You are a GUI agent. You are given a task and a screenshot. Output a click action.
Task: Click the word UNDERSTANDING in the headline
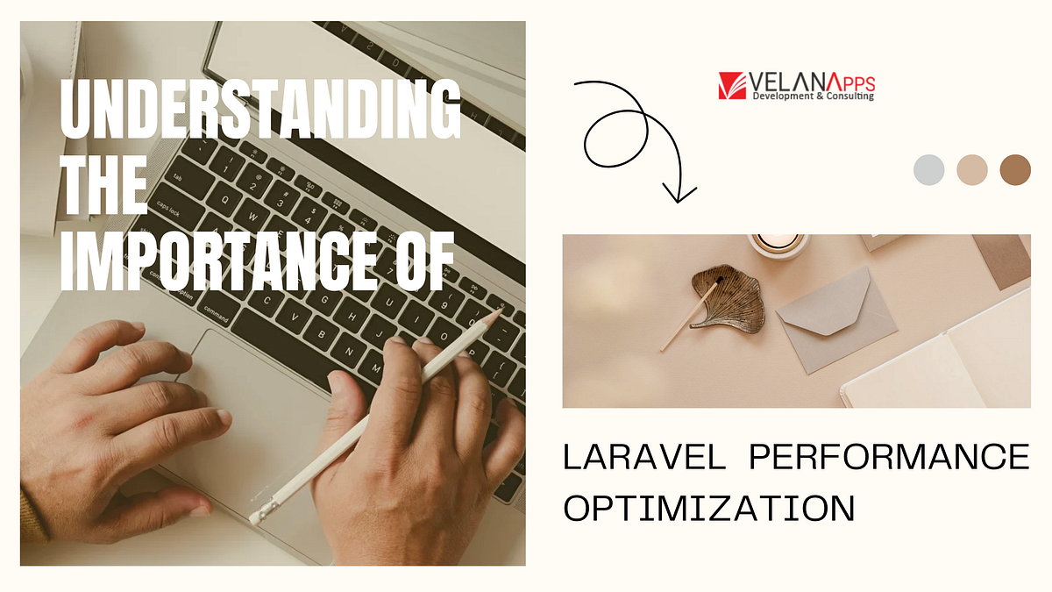(259, 106)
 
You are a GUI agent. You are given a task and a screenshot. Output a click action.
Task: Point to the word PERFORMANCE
(886, 457)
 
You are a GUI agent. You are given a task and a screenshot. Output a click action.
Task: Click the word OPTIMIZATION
(708, 508)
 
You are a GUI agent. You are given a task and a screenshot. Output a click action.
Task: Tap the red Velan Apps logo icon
(732, 86)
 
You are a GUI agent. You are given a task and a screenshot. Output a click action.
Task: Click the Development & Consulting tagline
(814, 96)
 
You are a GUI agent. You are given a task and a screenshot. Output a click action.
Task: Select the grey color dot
(928, 169)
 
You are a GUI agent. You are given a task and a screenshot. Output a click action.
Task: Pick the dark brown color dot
(1015, 169)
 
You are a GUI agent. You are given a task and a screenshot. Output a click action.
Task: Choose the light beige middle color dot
(971, 169)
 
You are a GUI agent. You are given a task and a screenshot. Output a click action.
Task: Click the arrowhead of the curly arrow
(678, 192)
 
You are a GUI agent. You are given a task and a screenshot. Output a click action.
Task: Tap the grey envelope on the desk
(836, 315)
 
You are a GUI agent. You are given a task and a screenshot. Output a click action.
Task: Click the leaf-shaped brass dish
(727, 295)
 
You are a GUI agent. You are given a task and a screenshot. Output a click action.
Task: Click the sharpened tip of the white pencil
(499, 309)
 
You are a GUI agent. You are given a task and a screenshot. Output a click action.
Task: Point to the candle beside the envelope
(778, 244)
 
